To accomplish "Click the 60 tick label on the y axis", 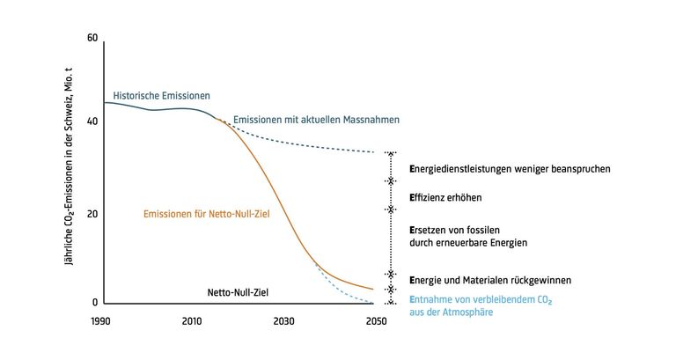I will click(x=92, y=39).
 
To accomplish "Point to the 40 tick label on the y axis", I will click(x=92, y=121).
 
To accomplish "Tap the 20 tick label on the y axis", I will click(x=92, y=213).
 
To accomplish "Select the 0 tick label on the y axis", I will click(x=95, y=303).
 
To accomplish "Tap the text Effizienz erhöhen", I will click(x=446, y=198).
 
